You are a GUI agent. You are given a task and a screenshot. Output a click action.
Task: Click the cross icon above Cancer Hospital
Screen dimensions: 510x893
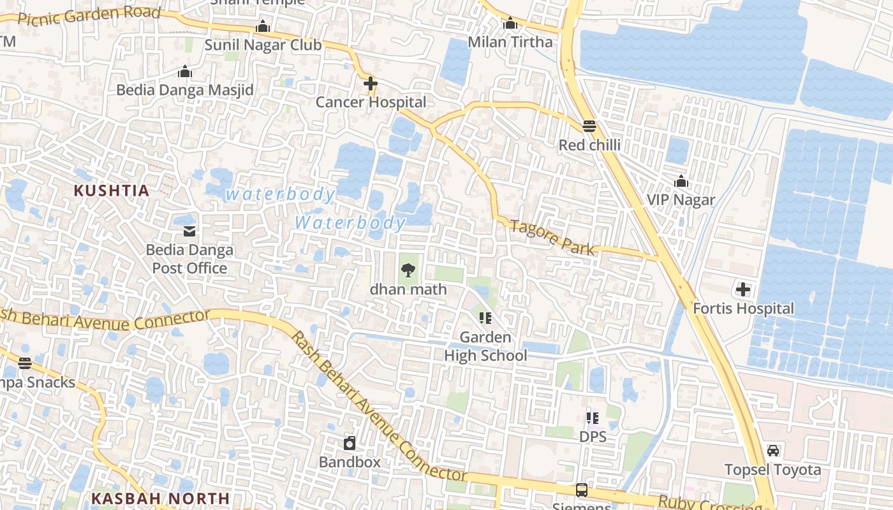coord(371,84)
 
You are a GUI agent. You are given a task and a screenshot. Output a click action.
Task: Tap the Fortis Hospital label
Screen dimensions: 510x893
coord(743,309)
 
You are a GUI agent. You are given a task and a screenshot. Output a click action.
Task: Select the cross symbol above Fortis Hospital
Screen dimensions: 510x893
coord(743,290)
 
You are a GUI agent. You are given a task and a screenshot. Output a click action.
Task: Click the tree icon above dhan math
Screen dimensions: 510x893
coord(408,270)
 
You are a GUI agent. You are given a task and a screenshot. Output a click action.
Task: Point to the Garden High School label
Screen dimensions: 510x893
coord(485,346)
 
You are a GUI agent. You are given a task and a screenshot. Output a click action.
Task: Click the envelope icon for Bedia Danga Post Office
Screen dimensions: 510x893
coord(189,231)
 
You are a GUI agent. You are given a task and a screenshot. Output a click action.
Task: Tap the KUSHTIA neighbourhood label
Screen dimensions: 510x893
coord(111,191)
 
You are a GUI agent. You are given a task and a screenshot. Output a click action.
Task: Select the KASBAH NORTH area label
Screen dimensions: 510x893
coord(160,498)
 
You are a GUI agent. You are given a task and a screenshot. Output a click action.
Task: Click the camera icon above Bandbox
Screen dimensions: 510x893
coord(350,442)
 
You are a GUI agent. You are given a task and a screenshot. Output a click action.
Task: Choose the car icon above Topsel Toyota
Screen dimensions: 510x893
coord(773,451)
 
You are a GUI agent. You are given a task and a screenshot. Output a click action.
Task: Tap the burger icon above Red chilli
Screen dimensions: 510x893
coord(589,126)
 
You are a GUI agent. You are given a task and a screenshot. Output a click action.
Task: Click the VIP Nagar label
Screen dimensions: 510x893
coord(681,200)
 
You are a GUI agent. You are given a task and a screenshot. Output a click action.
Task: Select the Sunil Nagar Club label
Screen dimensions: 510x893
coord(263,45)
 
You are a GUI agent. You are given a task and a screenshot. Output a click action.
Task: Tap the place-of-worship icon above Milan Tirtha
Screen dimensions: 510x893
coord(510,24)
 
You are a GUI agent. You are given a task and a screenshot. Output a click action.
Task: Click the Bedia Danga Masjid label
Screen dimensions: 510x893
coord(185,90)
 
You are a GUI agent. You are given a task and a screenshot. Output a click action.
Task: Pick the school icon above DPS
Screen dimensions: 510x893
coord(593,418)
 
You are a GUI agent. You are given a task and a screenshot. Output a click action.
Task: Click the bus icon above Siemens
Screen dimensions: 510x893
coord(582,490)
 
